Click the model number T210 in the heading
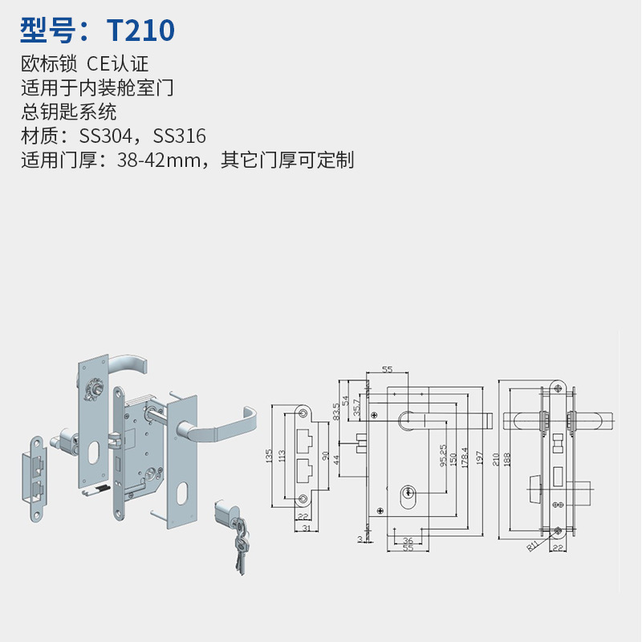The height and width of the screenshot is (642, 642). click(140, 30)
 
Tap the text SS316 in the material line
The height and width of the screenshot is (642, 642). click(179, 136)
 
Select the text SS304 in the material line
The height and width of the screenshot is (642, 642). click(106, 136)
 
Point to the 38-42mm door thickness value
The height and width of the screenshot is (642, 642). click(159, 160)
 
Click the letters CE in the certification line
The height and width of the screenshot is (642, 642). click(99, 64)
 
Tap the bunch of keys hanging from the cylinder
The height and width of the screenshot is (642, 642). click(241, 545)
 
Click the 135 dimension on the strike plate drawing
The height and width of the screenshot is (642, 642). click(269, 456)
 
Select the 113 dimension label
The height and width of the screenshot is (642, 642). click(282, 456)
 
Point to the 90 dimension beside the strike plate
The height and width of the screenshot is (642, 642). click(326, 456)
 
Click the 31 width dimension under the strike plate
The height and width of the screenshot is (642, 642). click(307, 528)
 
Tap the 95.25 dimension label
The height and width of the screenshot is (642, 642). click(443, 456)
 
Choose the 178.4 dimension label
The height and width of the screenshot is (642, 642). click(465, 457)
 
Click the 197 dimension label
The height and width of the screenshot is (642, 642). click(479, 457)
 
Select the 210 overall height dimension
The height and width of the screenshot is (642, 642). click(496, 459)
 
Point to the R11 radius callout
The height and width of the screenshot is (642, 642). click(532, 547)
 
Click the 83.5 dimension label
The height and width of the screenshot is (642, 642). click(336, 412)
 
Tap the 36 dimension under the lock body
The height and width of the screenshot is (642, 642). click(408, 540)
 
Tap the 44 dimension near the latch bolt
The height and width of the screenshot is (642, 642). click(336, 460)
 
